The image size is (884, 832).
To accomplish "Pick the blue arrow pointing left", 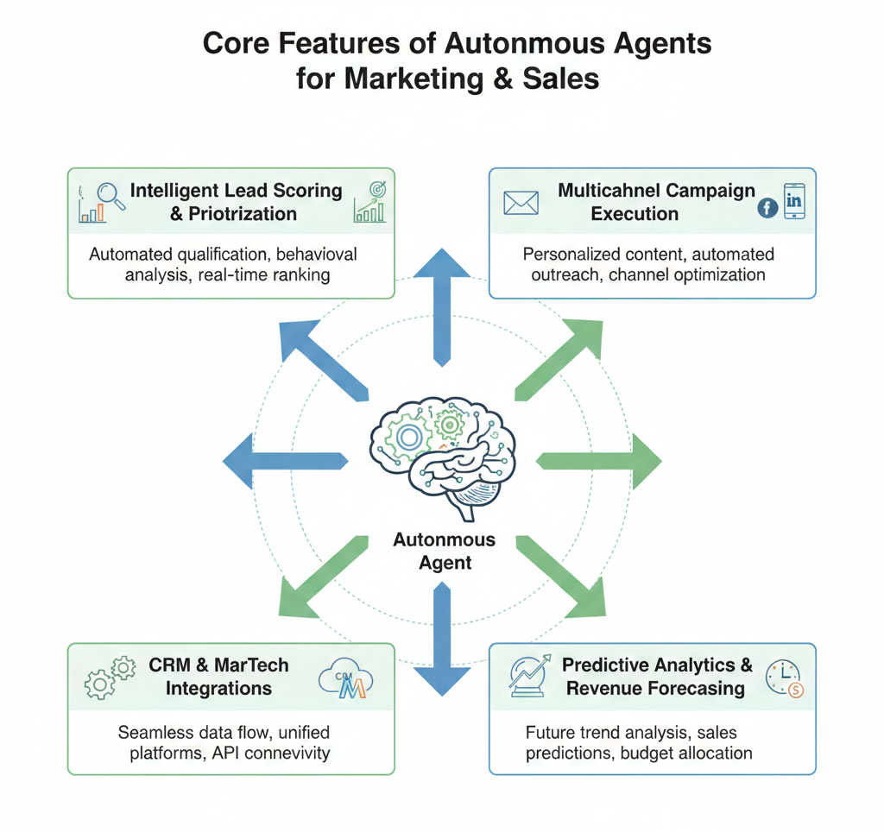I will [x=284, y=462].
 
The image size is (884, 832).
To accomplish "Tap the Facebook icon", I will [x=767, y=208].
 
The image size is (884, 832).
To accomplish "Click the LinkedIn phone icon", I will [x=793, y=202].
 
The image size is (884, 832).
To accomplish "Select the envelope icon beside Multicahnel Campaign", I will [x=521, y=203].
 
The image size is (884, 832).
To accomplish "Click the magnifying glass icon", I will [x=111, y=195].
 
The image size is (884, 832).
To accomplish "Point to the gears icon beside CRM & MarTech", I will [x=110, y=678].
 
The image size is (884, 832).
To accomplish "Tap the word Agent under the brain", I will [x=445, y=563].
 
